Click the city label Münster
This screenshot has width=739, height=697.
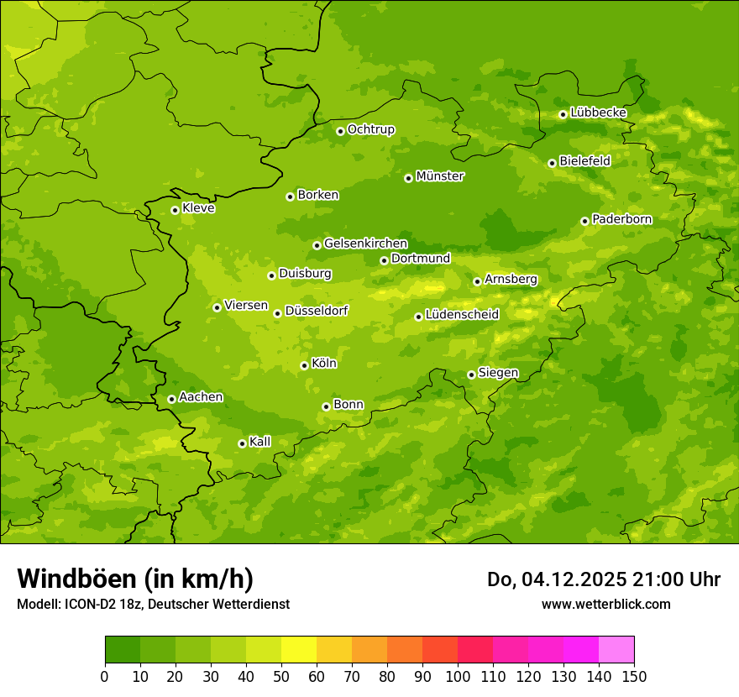pos(440,176)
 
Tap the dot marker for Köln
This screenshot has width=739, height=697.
pos(304,365)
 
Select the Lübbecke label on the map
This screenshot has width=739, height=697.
pos(598,113)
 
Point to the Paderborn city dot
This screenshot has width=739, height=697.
pos(585,221)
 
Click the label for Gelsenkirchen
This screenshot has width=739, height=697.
pos(365,244)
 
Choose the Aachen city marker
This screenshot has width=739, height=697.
pos(171,399)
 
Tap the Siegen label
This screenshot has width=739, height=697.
pos(498,373)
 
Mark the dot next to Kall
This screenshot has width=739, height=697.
pos(242,443)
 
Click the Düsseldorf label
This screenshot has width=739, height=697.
pos(317,311)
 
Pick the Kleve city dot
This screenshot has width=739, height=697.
pos(175,210)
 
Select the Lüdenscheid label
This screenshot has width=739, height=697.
pos(462,315)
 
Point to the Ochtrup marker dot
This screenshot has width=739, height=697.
pos(340,131)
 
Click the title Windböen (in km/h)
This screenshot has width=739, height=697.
pos(135,579)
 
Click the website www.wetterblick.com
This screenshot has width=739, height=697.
pos(605,604)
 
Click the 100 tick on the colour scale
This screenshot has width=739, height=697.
pos(458,677)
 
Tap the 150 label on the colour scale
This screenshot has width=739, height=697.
pos(634,677)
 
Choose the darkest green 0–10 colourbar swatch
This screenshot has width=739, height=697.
pos(123,650)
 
